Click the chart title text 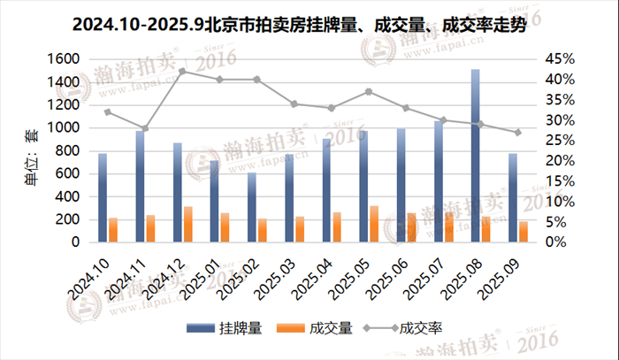[309, 26]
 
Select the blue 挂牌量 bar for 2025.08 [476, 156]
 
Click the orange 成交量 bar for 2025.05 [373, 224]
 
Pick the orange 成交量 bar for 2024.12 [187, 224]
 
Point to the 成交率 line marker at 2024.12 [182, 71]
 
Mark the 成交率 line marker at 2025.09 [518, 132]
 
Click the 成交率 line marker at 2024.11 [145, 128]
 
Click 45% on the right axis [560, 58]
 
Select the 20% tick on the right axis [560, 160]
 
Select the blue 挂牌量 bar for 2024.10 [103, 197]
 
